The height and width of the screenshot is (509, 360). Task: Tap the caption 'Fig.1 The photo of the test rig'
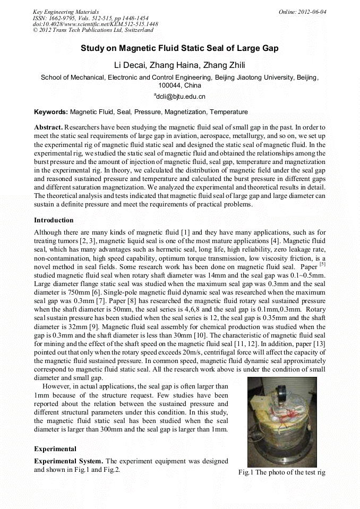(x=281, y=472)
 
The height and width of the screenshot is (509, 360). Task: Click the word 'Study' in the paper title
(x=92, y=48)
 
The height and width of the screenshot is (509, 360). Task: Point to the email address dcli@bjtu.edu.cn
(x=181, y=97)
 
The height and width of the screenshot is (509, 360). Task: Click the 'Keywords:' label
(x=50, y=112)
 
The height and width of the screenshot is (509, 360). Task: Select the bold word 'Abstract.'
(x=48, y=128)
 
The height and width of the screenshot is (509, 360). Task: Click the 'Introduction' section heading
(x=54, y=220)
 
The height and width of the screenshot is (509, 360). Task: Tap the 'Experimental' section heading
(x=55, y=449)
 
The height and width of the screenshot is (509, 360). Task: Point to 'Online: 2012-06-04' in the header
(x=302, y=12)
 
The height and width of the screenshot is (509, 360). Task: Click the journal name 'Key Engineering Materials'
(x=66, y=12)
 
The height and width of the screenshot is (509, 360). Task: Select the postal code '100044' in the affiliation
(x=170, y=85)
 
